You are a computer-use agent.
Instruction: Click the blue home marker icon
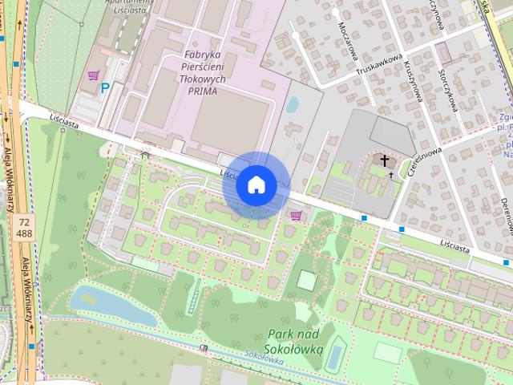point(256,185)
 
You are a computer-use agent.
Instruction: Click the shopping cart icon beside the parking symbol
point(94,76)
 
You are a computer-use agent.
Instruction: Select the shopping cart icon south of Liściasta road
point(297,214)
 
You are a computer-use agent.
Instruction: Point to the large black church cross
point(385,160)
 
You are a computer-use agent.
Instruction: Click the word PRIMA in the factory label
point(204,91)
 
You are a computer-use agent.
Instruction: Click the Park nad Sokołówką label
point(295,342)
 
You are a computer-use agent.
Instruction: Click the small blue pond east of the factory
point(293,104)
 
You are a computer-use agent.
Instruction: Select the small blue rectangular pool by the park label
point(335,355)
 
